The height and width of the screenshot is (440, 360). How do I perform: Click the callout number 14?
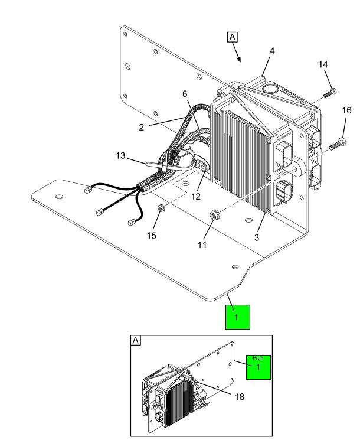pos(323,64)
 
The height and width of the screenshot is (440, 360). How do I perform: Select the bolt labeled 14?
pos(330,93)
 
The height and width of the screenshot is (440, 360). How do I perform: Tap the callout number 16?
pos(346,110)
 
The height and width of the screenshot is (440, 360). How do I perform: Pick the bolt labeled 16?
pos(338,144)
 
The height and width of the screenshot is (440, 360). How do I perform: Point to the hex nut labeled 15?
pos(161,208)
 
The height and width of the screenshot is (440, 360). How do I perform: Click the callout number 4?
pos(271,51)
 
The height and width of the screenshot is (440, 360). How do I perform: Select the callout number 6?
pos(185,94)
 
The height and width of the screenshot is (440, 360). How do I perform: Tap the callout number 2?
pos(142,128)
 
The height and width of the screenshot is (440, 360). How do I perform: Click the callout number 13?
pos(120,155)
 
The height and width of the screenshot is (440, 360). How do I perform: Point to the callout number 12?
pos(196,197)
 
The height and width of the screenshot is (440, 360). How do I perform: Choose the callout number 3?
pos(257,237)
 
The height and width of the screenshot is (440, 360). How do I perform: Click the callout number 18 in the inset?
pos(240,396)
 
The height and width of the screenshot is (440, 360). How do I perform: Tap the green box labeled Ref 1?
pos(258,367)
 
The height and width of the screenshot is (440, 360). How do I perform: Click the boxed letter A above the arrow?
pos(232,37)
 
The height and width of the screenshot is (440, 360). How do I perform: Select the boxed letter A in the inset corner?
pos(136,340)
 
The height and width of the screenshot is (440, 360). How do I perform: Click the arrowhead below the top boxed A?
pos(239,60)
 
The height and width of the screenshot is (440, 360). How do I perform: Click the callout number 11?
pos(202,245)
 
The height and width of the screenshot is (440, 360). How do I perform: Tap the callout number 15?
pos(152,236)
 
